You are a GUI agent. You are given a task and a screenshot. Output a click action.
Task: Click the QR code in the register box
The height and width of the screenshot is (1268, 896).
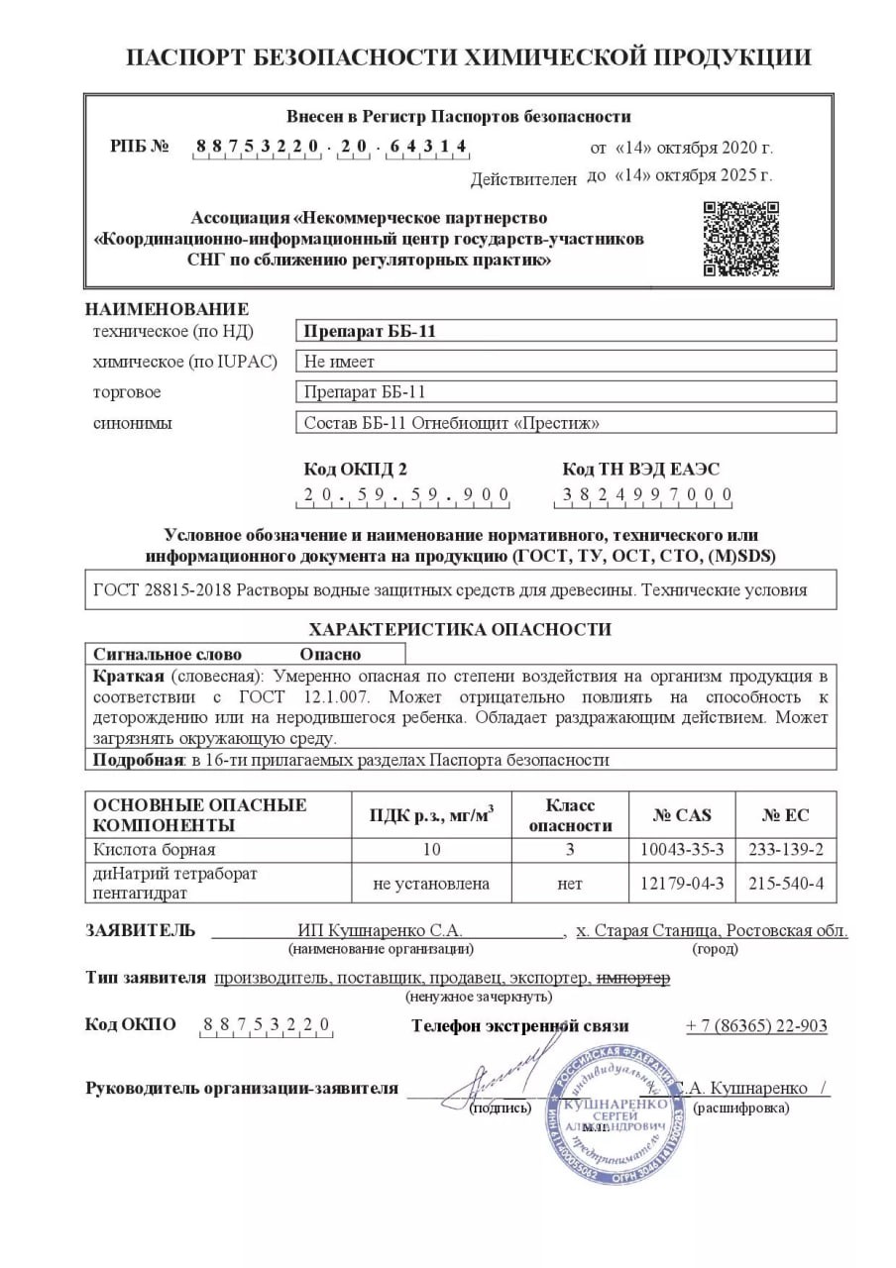point(740,239)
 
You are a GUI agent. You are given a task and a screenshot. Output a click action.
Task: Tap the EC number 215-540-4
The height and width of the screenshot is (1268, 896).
point(785,883)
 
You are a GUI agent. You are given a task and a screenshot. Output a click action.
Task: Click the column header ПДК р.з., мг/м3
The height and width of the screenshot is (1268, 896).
point(431,815)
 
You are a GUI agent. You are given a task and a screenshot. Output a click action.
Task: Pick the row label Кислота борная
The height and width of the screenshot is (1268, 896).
point(155,850)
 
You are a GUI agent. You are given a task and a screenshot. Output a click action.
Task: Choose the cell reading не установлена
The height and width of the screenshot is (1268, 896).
point(431,883)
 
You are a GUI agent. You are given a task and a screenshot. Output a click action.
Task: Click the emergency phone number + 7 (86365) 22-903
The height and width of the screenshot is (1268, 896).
point(756,1025)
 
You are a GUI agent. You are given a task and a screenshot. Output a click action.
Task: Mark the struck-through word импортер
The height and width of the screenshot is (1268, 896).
point(633,978)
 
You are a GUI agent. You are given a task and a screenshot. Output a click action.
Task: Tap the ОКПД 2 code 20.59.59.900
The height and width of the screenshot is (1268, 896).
point(406,494)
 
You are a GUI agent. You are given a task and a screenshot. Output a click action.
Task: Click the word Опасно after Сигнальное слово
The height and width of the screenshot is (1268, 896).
point(331,654)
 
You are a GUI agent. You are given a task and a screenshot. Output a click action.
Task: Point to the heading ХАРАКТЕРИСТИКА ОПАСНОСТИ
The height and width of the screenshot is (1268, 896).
point(460,629)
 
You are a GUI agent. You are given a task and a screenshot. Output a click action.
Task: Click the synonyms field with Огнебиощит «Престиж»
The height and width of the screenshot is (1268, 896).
point(566,423)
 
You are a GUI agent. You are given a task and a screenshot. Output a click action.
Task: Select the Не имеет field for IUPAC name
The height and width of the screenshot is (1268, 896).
point(566,361)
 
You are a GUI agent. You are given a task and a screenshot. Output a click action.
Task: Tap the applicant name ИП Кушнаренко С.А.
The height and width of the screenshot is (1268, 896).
point(381,931)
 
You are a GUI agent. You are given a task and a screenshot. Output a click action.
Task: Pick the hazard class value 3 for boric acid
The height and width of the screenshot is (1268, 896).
point(570,850)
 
